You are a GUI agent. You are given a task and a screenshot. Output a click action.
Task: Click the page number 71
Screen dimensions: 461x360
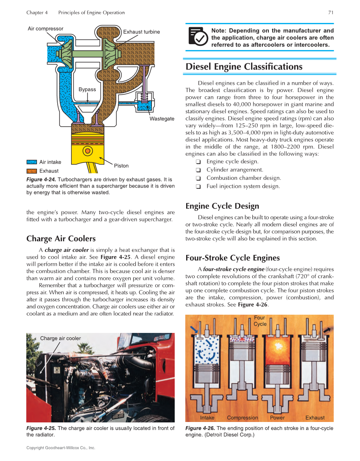(x=331, y=12)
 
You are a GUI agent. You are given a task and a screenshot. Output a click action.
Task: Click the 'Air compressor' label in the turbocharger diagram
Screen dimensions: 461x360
(x=45, y=29)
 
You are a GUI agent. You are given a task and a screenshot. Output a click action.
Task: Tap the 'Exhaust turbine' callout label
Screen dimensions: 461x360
(x=141, y=32)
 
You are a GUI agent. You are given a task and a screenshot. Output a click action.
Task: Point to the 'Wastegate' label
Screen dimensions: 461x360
(x=162, y=119)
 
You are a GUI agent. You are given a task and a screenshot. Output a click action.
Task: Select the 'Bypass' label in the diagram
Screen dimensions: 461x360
(x=87, y=89)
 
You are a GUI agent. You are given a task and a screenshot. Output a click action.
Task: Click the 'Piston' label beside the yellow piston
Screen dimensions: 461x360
(x=121, y=165)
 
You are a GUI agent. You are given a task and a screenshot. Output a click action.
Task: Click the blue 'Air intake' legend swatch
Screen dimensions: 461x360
(x=32, y=162)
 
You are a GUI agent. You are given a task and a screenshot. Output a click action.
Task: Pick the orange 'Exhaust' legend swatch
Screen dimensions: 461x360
(x=32, y=171)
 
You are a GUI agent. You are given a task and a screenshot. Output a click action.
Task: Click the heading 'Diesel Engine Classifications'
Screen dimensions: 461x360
(x=244, y=67)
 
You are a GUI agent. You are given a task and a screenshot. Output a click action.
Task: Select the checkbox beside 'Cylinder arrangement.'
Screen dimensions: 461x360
(x=198, y=170)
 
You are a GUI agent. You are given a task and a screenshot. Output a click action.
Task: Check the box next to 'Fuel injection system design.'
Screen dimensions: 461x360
(x=198, y=187)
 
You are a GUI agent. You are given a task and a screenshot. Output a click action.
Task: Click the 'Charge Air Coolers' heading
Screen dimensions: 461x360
(x=61, y=238)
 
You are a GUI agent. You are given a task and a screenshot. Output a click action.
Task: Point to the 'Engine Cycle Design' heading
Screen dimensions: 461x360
(x=222, y=206)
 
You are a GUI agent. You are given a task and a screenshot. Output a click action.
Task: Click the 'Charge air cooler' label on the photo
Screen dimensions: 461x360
(x=60, y=338)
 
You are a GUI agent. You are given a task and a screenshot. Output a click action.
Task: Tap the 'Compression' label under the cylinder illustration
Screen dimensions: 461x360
(x=242, y=418)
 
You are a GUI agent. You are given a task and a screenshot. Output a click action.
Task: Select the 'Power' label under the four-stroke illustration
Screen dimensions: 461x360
(x=277, y=418)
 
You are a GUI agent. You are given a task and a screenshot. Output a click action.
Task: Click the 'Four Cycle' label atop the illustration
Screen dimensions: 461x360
(x=260, y=321)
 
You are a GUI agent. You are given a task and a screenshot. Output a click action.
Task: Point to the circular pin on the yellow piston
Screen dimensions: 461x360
(x=88, y=151)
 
